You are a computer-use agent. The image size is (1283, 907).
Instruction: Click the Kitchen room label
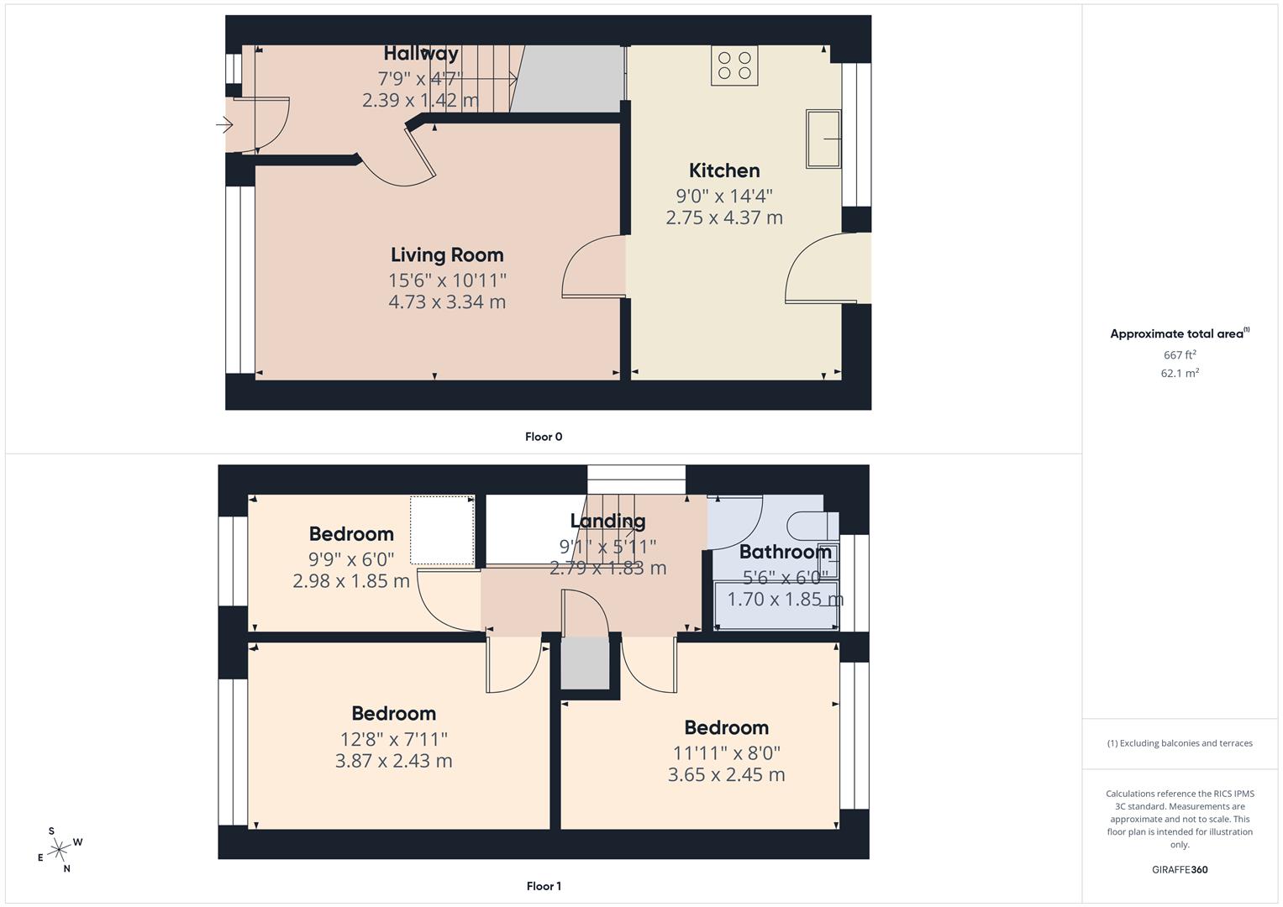724,170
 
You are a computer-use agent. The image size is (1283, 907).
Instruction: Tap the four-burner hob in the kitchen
734,65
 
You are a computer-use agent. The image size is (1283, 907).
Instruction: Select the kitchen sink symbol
823,139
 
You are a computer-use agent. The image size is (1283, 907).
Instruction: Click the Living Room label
447,254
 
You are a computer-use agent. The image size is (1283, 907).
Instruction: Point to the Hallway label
421,53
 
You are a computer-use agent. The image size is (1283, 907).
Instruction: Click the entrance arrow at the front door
224,125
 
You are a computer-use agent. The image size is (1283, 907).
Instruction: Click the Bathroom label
786,552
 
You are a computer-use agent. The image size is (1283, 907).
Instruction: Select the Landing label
607,521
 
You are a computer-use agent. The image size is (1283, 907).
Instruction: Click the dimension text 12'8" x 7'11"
394,739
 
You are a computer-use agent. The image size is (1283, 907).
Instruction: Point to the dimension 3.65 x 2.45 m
726,774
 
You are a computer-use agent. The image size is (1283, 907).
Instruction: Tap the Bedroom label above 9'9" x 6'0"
351,534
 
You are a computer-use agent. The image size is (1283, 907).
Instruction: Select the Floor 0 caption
544,437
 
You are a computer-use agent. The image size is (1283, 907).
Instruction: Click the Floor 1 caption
544,886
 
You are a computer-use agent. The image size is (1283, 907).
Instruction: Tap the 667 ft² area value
1180,355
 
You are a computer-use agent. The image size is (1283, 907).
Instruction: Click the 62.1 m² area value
1180,373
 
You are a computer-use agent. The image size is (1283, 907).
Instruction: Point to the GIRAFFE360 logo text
1180,869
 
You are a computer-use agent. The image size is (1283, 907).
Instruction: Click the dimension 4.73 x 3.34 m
447,301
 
